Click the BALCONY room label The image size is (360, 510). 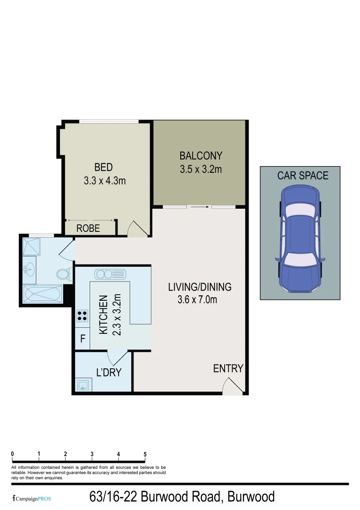tap(201, 155)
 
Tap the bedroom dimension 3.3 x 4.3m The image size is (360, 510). tap(105, 180)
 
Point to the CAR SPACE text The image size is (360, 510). tap(302, 176)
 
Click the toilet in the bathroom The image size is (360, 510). tap(63, 274)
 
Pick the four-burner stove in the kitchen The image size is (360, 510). tap(82, 315)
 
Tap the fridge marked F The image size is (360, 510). tap(83, 339)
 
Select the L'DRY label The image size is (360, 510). tap(109, 373)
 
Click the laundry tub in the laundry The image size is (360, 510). tap(84, 385)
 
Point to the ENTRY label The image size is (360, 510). tap(228, 368)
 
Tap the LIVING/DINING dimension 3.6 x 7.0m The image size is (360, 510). tap(197, 299)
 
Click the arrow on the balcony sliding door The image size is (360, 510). tap(200, 207)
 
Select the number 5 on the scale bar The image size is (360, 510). tap(145, 454)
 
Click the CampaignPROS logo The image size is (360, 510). tap(32, 498)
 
